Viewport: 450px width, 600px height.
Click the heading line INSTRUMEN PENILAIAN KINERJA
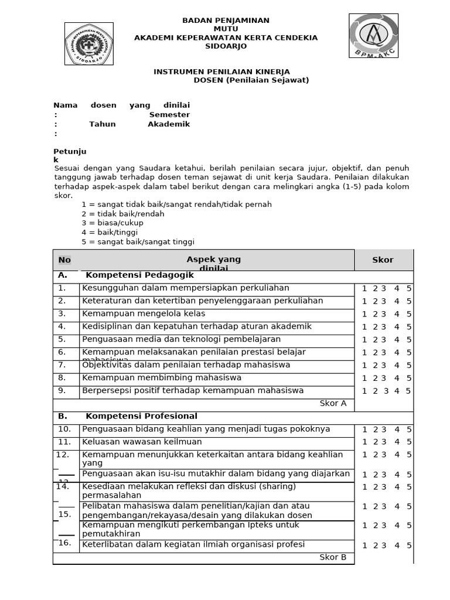(x=221, y=71)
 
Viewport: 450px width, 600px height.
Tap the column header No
(x=64, y=260)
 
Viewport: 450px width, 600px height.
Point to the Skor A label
(x=333, y=403)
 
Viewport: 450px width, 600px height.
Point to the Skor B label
(x=333, y=557)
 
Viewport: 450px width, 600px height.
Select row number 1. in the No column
(x=62, y=288)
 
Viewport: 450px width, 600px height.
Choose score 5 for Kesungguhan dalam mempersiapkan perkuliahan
(x=409, y=288)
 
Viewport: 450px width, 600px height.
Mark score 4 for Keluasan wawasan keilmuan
(x=397, y=442)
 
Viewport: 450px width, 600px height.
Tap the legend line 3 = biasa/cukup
(x=112, y=223)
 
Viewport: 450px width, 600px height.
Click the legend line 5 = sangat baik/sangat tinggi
(x=138, y=242)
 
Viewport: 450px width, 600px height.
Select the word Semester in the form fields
(x=169, y=115)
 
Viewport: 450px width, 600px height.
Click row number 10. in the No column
(x=64, y=429)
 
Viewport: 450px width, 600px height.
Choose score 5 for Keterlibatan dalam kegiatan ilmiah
(x=409, y=546)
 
